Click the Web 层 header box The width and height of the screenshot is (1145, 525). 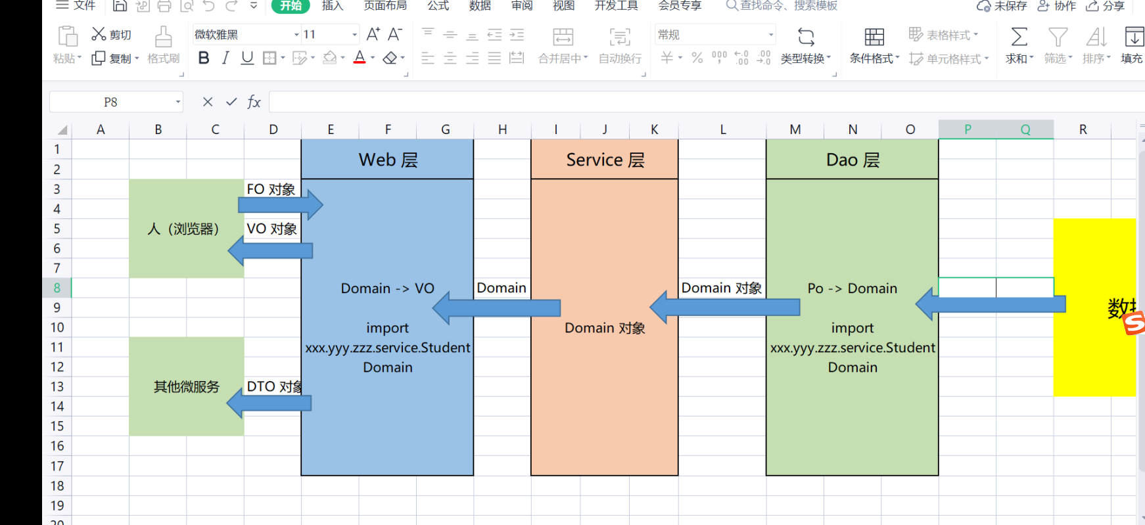(x=388, y=160)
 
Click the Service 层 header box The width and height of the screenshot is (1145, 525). (x=605, y=160)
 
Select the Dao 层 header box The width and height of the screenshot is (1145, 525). (x=853, y=160)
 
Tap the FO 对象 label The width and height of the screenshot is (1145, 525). (x=271, y=189)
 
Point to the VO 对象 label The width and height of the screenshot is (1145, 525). (x=271, y=229)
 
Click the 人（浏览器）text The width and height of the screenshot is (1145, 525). (x=183, y=229)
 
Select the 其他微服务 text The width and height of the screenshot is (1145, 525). (x=187, y=386)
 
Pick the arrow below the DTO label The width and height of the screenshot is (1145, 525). (x=269, y=402)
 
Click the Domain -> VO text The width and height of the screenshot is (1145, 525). (x=388, y=288)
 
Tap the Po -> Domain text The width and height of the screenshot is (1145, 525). (x=853, y=288)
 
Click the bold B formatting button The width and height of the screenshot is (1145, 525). (x=204, y=58)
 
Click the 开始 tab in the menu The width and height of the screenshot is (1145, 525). (x=291, y=6)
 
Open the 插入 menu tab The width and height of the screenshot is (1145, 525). (x=333, y=6)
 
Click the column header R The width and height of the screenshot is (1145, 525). (x=1083, y=129)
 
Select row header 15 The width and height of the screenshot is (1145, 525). (x=57, y=426)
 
